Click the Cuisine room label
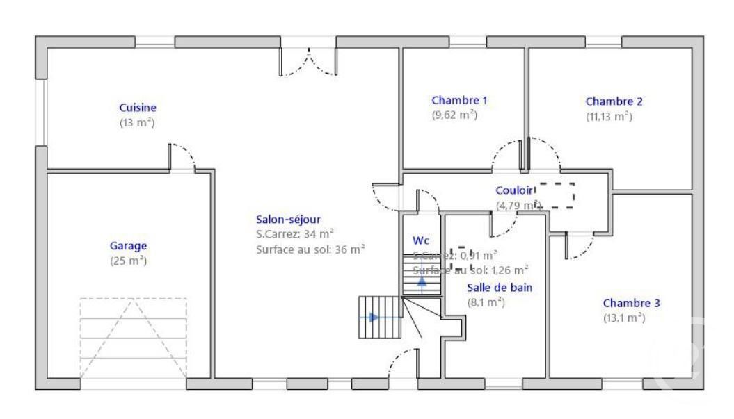point(138,108)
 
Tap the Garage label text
point(129,245)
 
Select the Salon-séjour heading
point(288,220)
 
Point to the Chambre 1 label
point(459,100)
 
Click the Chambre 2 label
point(614,101)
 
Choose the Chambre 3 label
point(632,303)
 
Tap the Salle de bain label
point(500,287)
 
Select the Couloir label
point(514,190)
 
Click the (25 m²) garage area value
point(129,261)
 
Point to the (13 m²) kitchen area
point(136,123)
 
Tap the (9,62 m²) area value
point(454,115)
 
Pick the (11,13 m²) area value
point(609,117)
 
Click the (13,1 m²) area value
point(624,318)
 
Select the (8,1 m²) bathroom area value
point(486,302)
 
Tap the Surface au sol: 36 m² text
point(310,249)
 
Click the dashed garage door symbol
point(133,338)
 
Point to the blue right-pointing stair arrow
point(375,318)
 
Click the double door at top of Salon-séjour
point(308,62)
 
